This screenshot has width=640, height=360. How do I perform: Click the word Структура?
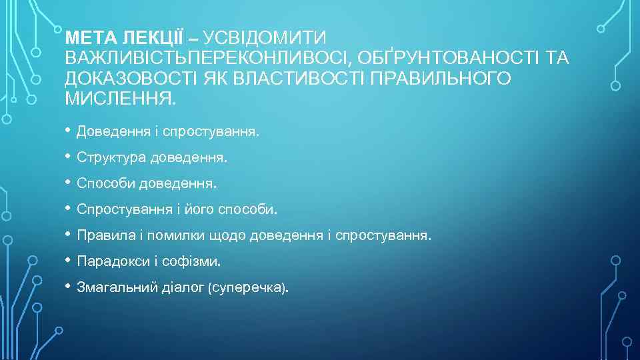click(x=112, y=158)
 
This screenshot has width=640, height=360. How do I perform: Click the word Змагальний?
click(x=117, y=287)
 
